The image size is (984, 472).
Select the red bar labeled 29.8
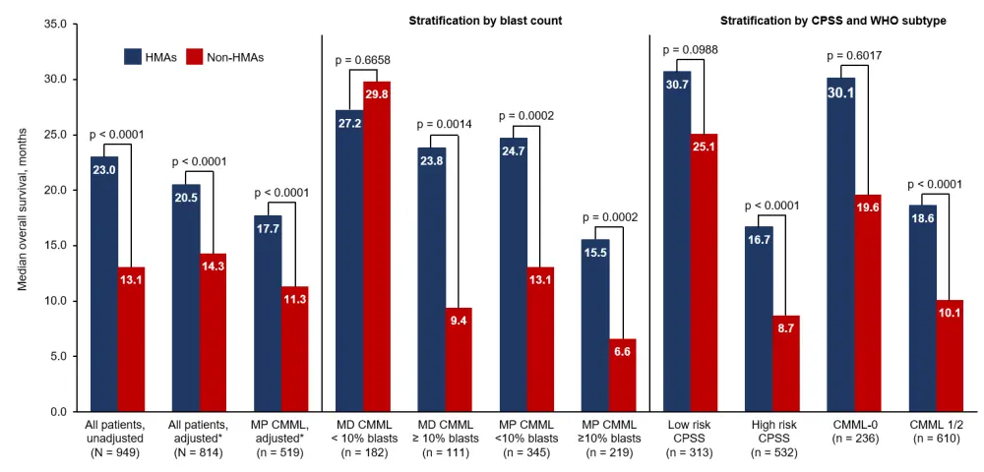[377, 246]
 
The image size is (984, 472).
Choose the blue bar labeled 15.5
[595, 325]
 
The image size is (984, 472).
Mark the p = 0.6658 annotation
[363, 61]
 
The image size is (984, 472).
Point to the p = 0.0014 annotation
[445, 124]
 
